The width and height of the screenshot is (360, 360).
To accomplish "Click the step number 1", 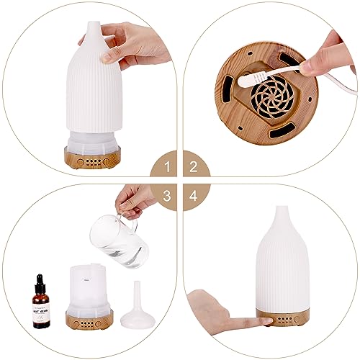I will point(167,168).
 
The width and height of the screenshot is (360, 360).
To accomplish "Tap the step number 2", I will point(192,168).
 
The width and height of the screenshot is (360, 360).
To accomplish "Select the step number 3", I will point(167,195).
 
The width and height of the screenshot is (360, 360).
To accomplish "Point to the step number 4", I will point(192,195).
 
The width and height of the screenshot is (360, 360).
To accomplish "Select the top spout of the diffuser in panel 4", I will point(280,216).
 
